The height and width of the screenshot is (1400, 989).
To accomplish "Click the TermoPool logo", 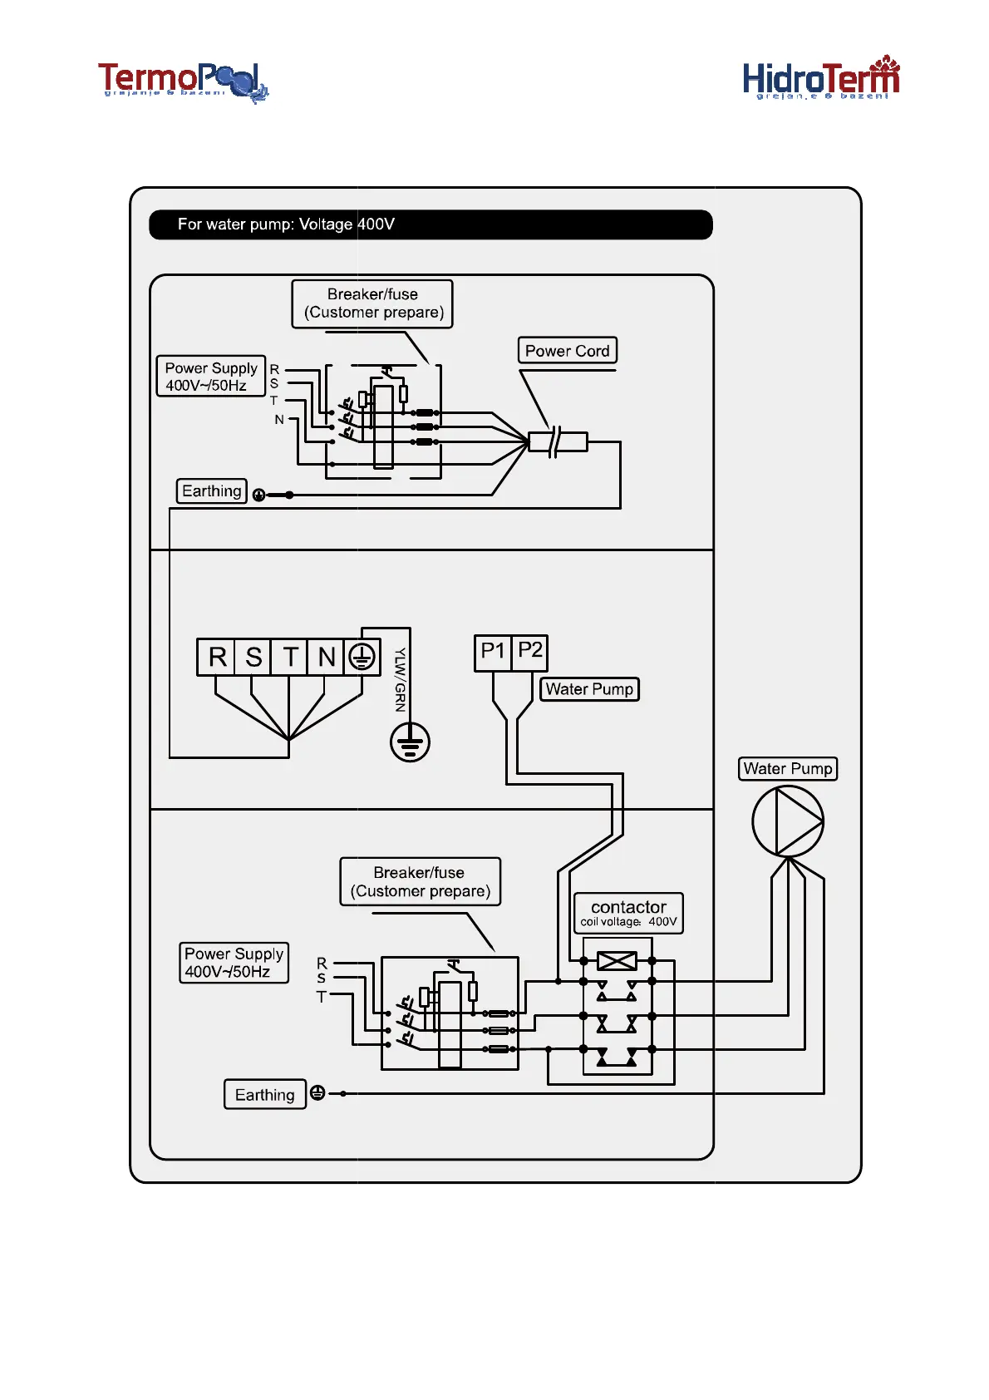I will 183,81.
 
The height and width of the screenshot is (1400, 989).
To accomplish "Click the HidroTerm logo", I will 820,79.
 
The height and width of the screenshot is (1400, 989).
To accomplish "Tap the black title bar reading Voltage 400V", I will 431,224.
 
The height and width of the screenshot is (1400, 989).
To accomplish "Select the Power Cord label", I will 568,351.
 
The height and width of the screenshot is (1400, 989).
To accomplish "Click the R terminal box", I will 216,657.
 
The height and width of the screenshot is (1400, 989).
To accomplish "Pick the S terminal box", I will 253,657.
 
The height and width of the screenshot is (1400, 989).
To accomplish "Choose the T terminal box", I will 290,657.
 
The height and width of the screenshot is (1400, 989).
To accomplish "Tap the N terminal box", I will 326,657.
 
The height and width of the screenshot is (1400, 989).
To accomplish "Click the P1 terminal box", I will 492,652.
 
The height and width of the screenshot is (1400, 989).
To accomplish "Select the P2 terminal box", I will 530,652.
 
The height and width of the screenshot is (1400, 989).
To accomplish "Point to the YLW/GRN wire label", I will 400,679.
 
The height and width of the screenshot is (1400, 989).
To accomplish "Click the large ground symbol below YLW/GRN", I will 410,742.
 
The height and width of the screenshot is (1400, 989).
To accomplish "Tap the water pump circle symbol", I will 787,821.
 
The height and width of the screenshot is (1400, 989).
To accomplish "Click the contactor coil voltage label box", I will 628,913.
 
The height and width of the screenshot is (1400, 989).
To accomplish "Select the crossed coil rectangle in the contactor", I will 617,961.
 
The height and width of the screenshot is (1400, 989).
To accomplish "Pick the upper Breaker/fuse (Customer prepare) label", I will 372,303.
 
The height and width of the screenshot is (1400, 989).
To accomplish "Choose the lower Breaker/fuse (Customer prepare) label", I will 420,881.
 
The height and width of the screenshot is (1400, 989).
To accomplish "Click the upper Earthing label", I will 212,491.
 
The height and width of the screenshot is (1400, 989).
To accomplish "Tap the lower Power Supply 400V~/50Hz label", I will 234,963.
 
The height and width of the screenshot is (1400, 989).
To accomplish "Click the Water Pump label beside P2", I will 589,689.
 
